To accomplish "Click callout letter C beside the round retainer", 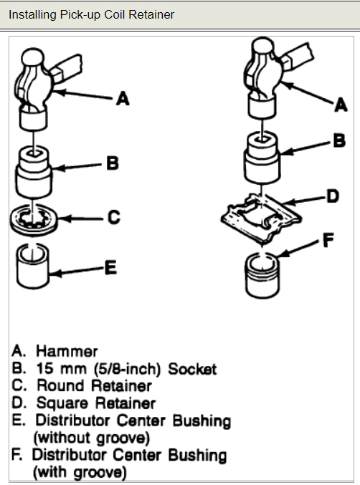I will point(114,216).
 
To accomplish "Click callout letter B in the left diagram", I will point(113,163).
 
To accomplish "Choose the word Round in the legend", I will point(57,386).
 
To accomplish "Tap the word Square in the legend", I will point(61,403).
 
